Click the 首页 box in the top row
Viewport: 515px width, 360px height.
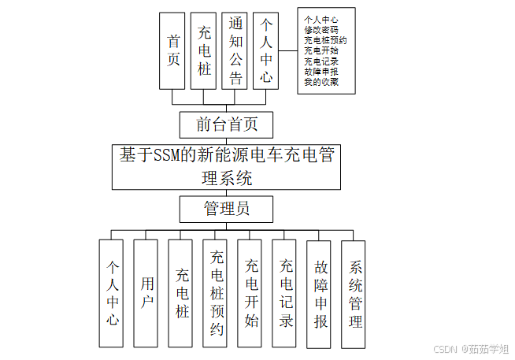[172, 50]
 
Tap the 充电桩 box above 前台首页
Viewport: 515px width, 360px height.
[204, 50]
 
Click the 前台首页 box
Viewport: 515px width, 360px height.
[227, 124]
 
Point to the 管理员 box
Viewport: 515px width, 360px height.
[227, 209]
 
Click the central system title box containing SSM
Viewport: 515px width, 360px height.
[227, 166]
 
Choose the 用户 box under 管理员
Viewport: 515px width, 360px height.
[146, 293]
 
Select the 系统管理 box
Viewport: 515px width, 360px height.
[354, 294]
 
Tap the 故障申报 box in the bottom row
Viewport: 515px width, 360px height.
[319, 294]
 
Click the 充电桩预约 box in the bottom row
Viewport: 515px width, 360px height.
[215, 293]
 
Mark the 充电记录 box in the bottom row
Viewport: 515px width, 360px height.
[284, 293]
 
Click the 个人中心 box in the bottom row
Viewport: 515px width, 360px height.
[111, 293]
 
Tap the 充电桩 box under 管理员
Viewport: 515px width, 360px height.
[180, 293]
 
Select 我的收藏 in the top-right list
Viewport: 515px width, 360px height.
[321, 81]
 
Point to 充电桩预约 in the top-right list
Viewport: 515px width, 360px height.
[325, 40]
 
